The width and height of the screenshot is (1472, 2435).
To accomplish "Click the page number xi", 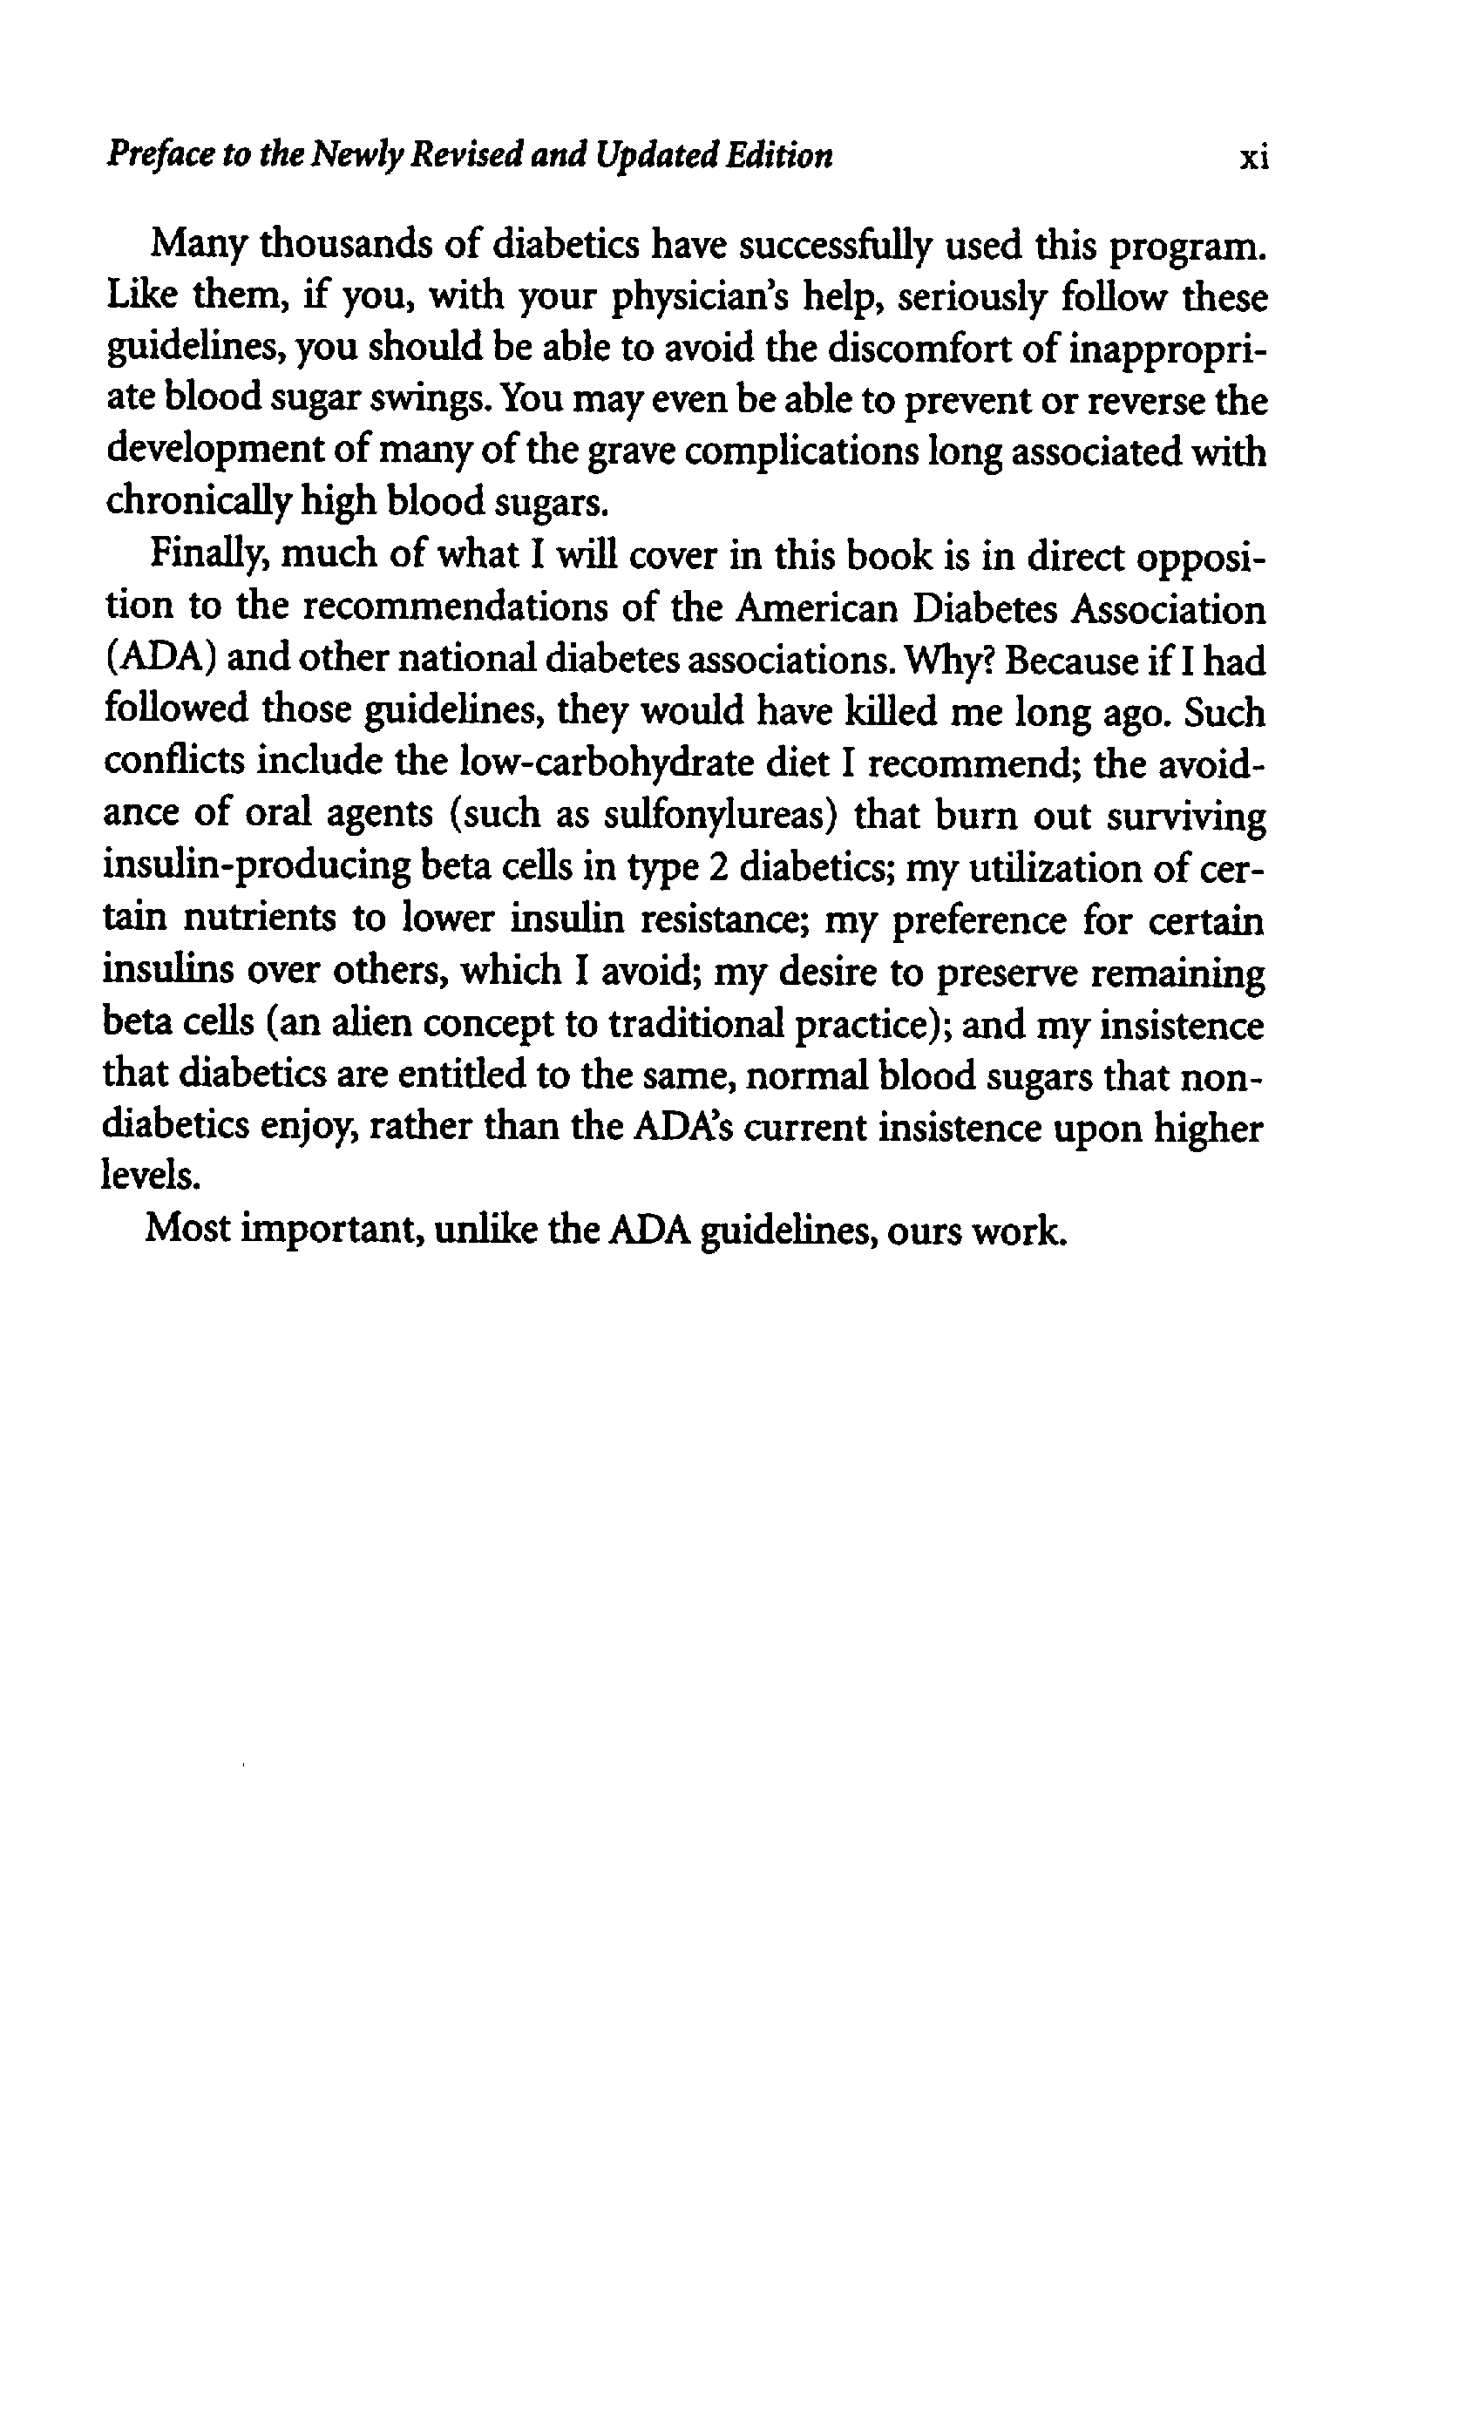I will coord(1252,158).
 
